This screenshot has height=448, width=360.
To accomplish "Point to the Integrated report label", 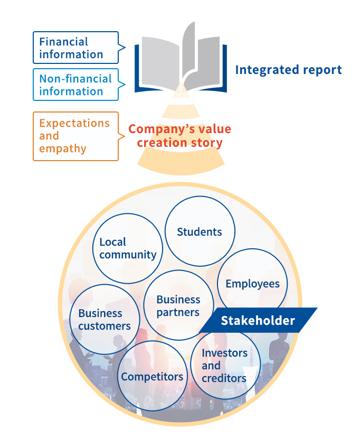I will (x=288, y=70).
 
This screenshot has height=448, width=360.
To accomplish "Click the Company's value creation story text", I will (x=179, y=136).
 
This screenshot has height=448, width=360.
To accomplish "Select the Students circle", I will (x=200, y=232).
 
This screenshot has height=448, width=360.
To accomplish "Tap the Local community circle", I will (x=128, y=248).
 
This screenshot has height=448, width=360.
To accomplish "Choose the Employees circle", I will (x=252, y=284).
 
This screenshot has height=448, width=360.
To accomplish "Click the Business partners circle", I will (x=178, y=306).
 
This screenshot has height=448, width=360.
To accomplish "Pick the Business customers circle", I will (x=104, y=320).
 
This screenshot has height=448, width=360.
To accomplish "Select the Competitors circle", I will (x=152, y=377).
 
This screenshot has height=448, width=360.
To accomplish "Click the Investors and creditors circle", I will (x=224, y=366).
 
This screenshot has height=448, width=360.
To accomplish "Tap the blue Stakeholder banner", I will (x=258, y=321).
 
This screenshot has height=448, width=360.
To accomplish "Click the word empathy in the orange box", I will (x=62, y=149).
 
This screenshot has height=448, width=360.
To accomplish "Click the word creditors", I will (x=224, y=378).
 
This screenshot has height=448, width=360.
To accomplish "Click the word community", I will (x=128, y=255).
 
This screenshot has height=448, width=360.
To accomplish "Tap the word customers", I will (x=104, y=326).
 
